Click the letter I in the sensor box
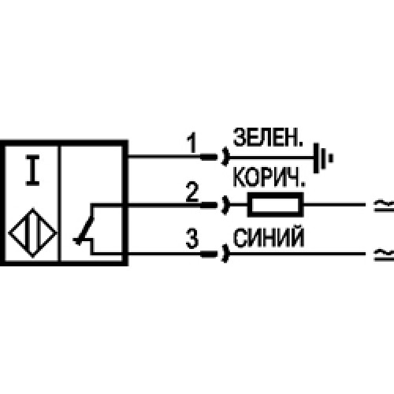[32, 170]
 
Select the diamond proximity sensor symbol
[32, 232]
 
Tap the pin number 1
[191, 143]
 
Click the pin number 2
[192, 192]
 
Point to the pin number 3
[192, 239]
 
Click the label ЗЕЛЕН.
[268, 137]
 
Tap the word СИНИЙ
[269, 238]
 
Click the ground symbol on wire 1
[323, 158]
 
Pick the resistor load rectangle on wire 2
[276, 205]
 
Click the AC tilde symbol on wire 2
[384, 206]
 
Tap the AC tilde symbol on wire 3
[384, 255]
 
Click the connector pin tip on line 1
[209, 157]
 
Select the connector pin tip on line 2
[209, 205]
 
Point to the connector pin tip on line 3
[209, 254]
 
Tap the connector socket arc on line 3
[225, 254]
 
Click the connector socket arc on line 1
[225, 157]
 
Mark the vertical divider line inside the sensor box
[59, 203]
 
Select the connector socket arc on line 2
[225, 205]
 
